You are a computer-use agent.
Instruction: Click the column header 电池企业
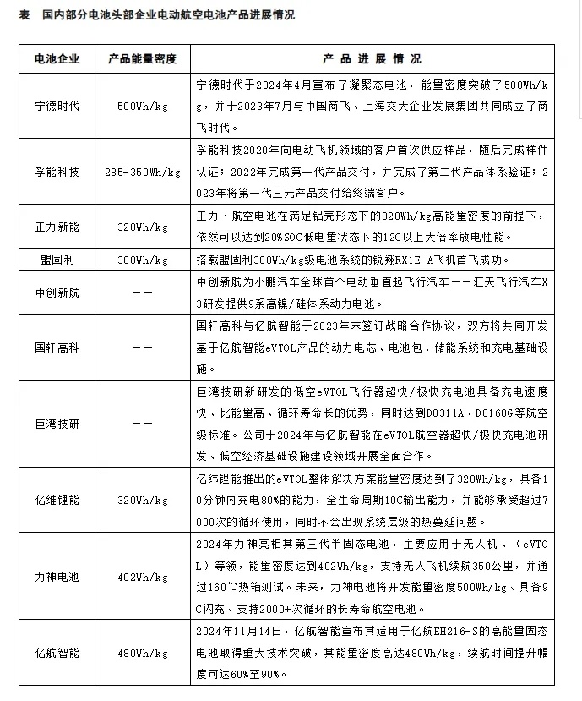tap(57, 59)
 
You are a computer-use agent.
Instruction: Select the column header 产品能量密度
tap(142, 59)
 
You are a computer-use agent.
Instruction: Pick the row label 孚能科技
tap(57, 172)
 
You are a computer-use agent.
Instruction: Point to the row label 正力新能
tap(57, 227)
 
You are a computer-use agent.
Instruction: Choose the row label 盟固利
tap(57, 260)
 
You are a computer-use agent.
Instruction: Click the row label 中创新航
tap(57, 293)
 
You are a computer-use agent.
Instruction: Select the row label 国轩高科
tap(57, 347)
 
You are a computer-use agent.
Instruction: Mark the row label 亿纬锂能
tap(57, 501)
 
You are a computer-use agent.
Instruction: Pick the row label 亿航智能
tap(57, 654)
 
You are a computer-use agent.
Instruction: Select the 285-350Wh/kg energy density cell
tap(142, 172)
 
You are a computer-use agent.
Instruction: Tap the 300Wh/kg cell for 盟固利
tap(142, 260)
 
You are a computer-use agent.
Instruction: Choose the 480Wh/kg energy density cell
tap(142, 654)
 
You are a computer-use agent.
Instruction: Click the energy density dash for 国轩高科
tap(142, 347)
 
